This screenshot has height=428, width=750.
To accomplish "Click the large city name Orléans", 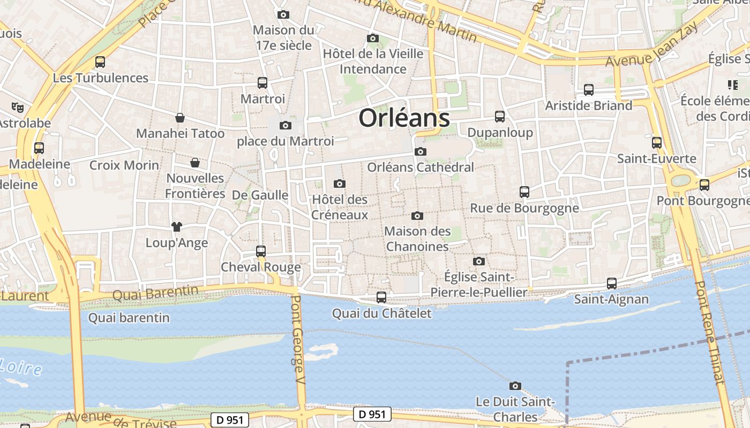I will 404,118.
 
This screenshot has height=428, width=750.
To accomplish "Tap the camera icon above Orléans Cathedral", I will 421,151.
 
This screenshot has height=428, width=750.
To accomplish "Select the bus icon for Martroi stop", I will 262,83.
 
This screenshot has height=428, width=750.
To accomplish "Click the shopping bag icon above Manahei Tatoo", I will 180,118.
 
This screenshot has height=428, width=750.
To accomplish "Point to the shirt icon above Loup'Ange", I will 176,227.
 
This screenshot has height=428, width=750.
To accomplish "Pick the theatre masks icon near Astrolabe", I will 18,108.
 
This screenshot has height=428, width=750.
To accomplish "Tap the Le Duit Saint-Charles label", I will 515,409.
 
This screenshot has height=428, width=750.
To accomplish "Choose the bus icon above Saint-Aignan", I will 611,284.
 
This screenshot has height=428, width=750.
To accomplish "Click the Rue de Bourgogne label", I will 524,208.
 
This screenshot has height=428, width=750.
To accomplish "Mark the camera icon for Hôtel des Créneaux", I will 339,184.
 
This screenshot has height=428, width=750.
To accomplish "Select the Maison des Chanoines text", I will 417,239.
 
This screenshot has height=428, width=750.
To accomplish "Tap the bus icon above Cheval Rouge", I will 261,251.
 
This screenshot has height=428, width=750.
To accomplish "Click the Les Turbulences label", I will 100,78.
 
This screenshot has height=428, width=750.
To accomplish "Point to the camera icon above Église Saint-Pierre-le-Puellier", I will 478,261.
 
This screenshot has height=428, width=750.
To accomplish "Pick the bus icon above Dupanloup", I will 500,116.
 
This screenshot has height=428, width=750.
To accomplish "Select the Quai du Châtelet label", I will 381,314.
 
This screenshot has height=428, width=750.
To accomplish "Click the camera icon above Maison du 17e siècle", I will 283,14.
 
